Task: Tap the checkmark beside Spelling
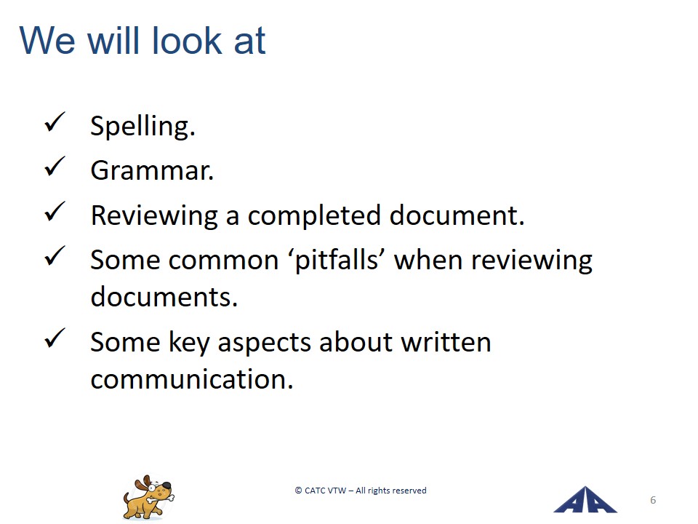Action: [55, 122]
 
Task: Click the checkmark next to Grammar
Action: [55, 167]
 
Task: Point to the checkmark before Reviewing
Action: [55, 212]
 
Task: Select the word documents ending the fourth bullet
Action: [164, 297]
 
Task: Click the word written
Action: [446, 342]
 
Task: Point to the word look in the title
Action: [187, 41]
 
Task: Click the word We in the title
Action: [47, 41]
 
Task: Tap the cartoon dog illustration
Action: [148, 497]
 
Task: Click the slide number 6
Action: [653, 500]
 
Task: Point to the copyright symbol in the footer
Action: [298, 491]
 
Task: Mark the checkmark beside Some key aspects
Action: [55, 338]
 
